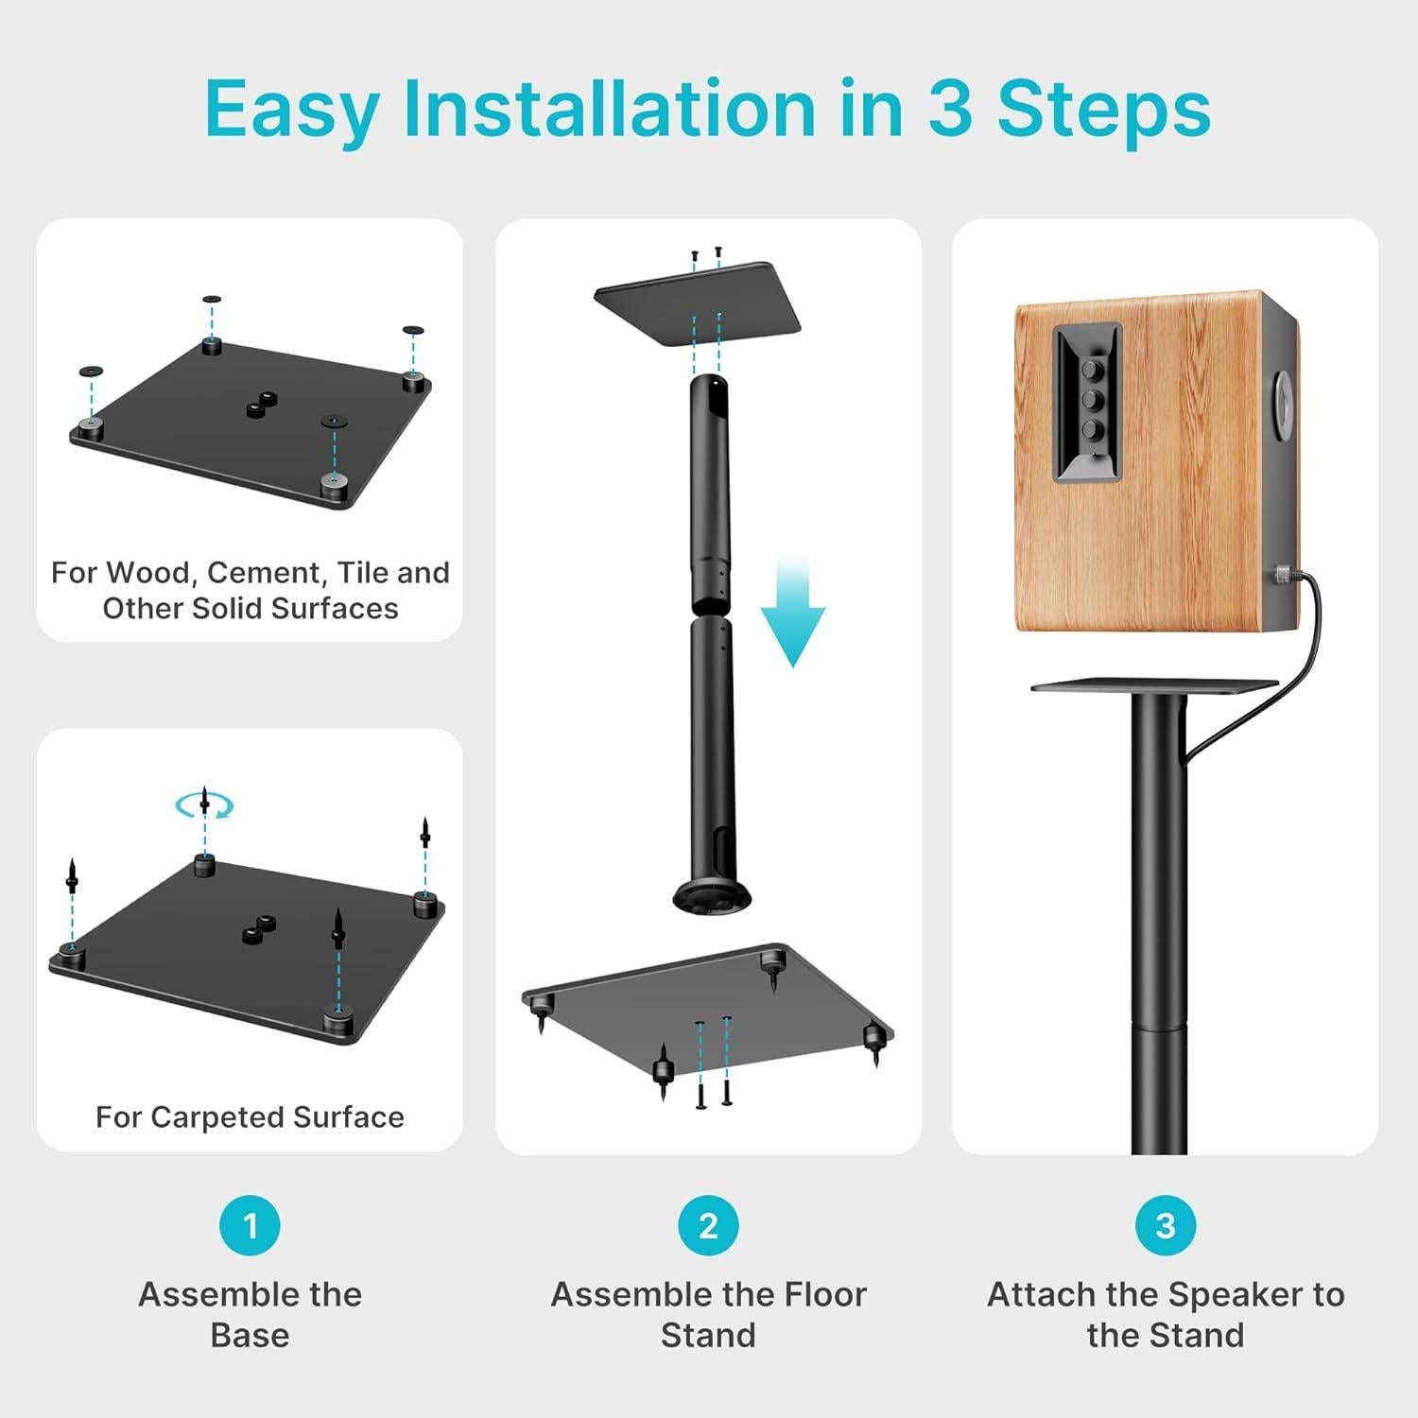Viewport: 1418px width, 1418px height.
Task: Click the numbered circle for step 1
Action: [x=250, y=1225]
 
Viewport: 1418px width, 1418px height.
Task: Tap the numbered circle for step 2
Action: [x=708, y=1225]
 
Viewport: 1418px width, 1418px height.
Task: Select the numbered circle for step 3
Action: [x=1166, y=1225]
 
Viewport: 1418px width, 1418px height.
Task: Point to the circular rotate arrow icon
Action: [x=204, y=805]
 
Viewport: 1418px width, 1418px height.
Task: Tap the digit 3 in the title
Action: [x=950, y=109]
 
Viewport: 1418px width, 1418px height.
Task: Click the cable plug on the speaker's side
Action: [x=1283, y=574]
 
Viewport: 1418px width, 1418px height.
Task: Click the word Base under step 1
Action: [x=250, y=1335]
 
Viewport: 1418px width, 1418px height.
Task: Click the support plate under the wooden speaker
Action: [x=1154, y=684]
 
